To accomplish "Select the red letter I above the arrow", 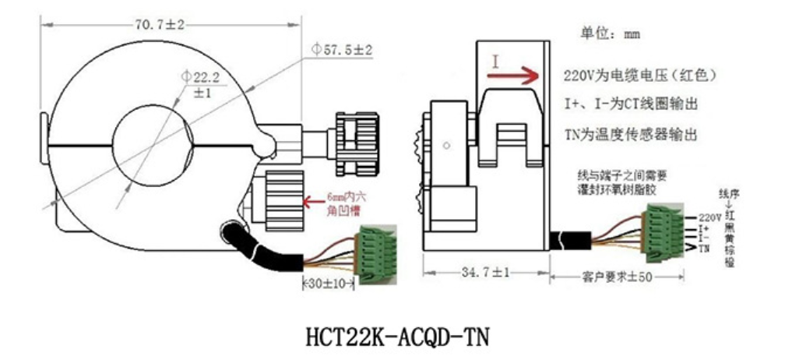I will pos(495,61).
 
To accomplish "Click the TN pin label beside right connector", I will pos(704,249).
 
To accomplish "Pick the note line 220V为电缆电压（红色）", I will pos(639,76).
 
